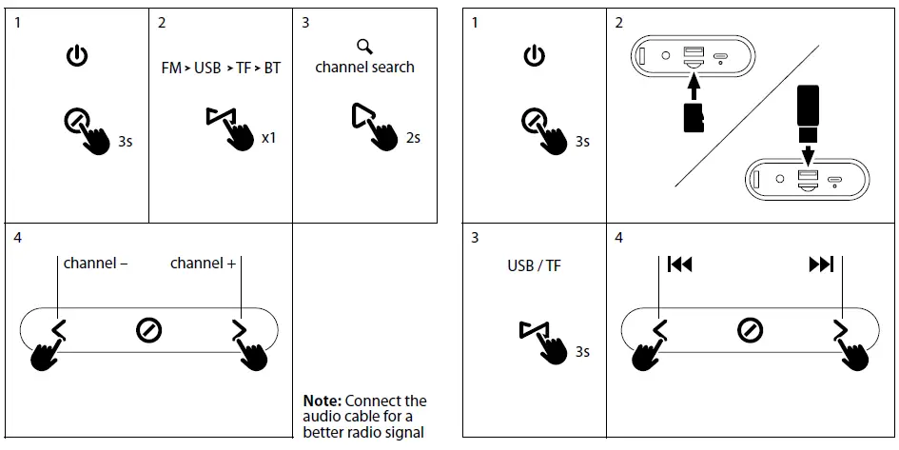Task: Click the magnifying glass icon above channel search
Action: click(364, 47)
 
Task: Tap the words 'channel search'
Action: click(364, 68)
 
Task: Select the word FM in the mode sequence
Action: click(170, 68)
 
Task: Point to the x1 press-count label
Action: click(268, 138)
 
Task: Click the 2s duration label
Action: click(413, 138)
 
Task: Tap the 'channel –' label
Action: click(95, 264)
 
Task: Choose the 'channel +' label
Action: click(203, 264)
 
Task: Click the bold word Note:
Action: click(322, 401)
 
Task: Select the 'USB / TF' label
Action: click(534, 265)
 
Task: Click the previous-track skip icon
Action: click(679, 264)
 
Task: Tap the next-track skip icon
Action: click(821, 264)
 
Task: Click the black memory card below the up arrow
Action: click(694, 117)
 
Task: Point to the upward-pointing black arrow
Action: click(694, 88)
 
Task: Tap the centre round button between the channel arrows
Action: click(148, 330)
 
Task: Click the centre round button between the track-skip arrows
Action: click(750, 330)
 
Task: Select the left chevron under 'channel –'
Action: click(59, 330)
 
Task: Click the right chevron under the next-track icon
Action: click(839, 330)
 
